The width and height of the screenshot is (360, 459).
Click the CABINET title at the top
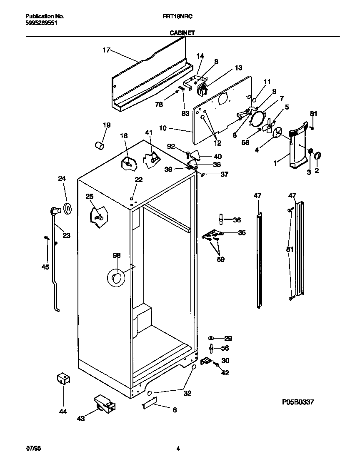click(182, 32)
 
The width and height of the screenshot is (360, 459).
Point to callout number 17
click(106, 50)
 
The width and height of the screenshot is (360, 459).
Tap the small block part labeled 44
click(63, 379)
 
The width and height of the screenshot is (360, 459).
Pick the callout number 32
click(187, 393)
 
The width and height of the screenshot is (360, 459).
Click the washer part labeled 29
click(212, 338)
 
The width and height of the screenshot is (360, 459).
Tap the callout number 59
click(220, 259)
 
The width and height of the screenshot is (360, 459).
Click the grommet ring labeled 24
click(67, 208)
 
